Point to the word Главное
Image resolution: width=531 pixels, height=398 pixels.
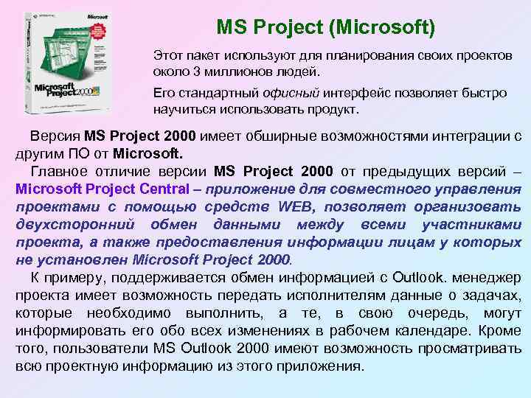[x=60, y=171]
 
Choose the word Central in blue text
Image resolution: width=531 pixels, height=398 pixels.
[x=162, y=189]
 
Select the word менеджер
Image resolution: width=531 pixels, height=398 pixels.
[x=486, y=278]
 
